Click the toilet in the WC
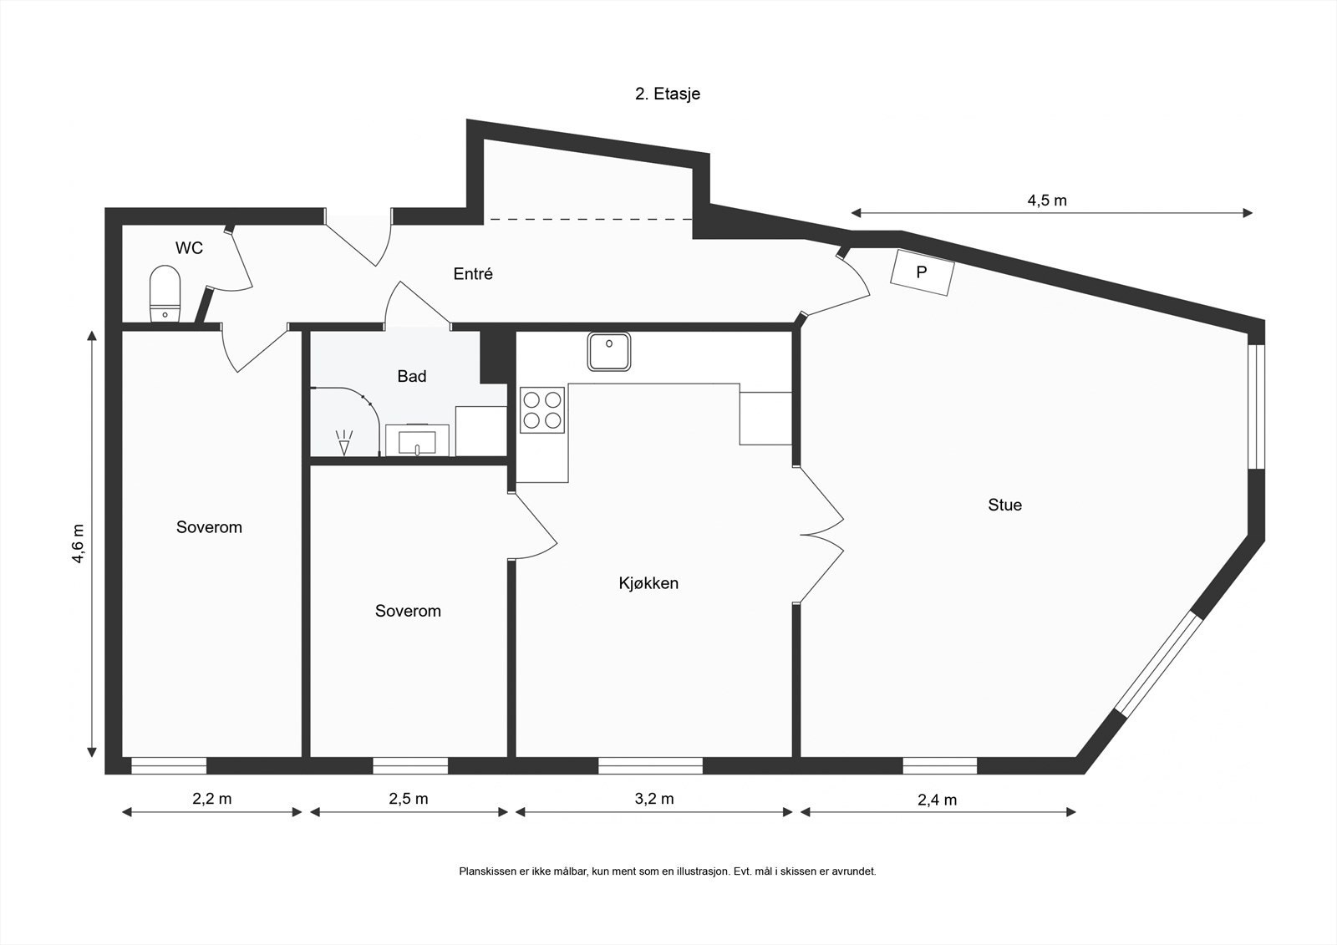tap(165, 293)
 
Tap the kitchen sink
tap(609, 351)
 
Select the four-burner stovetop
tap(541, 409)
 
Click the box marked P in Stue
tap(922, 272)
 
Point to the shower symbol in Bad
tap(343, 442)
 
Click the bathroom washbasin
tap(417, 439)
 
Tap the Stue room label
tap(1004, 505)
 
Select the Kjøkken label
tap(648, 583)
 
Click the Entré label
tap(473, 273)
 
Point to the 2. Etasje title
tap(668, 94)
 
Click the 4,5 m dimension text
tap(1047, 201)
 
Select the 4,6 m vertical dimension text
tap(78, 544)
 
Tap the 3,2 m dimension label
tap(654, 799)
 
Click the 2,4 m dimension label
tap(938, 800)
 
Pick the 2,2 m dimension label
tap(212, 799)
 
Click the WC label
tap(189, 248)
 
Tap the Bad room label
tap(411, 376)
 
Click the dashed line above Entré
tap(590, 219)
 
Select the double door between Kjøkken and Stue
tap(821, 533)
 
